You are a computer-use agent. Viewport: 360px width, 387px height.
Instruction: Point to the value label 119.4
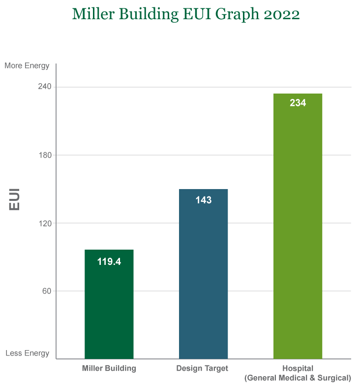click(x=109, y=262)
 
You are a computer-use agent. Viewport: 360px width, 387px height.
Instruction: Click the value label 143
click(x=203, y=200)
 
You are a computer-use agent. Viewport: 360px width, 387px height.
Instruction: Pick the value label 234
click(x=298, y=103)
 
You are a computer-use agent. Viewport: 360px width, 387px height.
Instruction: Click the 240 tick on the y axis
click(x=45, y=87)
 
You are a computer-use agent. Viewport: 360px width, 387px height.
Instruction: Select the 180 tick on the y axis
click(x=45, y=155)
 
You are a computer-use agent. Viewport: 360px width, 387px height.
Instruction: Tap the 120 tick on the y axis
click(x=45, y=223)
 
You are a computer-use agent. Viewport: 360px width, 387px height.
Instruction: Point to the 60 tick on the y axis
click(x=47, y=291)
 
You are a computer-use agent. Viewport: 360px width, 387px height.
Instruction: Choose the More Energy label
click(x=27, y=65)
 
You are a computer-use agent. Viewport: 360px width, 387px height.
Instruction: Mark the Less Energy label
click(x=28, y=353)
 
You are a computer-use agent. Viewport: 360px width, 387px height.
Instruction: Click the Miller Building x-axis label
click(x=109, y=368)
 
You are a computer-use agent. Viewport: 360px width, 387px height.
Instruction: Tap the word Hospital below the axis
click(x=298, y=368)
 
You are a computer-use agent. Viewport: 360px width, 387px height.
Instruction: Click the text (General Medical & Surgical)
click(x=298, y=378)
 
